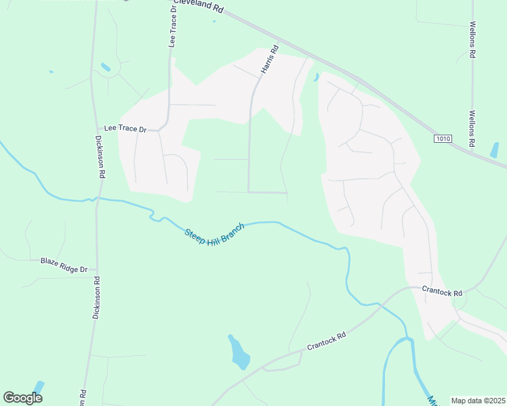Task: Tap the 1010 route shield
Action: tap(443, 139)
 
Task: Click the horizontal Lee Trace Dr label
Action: tap(125, 128)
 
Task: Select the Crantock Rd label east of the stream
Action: tap(441, 292)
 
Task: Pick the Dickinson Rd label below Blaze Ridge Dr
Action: tap(96, 298)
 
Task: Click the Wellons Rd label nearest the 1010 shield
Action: tap(472, 129)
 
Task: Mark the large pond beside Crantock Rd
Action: tap(239, 353)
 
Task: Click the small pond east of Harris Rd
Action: tap(317, 77)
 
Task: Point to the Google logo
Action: tap(22, 397)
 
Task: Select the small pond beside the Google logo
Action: tap(39, 388)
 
